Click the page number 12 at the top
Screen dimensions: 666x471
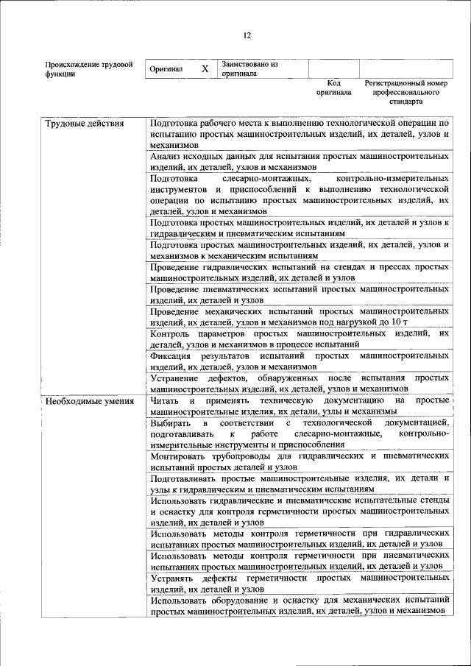coord(247,34)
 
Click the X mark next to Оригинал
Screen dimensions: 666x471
coord(205,68)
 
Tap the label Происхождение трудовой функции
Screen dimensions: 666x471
coord(88,68)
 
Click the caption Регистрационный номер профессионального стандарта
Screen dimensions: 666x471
coord(406,93)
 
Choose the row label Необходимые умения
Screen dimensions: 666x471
coord(89,401)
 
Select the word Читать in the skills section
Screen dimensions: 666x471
coord(164,400)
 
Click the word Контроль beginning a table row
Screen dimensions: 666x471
coord(170,334)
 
